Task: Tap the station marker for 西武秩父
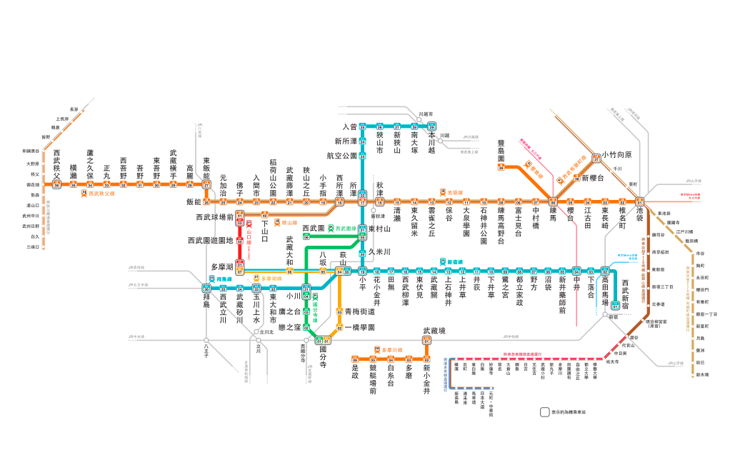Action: (56, 184)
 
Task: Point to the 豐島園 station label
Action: (501, 151)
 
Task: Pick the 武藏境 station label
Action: (434, 331)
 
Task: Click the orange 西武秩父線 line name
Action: (103, 194)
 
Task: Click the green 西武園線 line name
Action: (344, 229)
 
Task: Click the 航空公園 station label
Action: (341, 155)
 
